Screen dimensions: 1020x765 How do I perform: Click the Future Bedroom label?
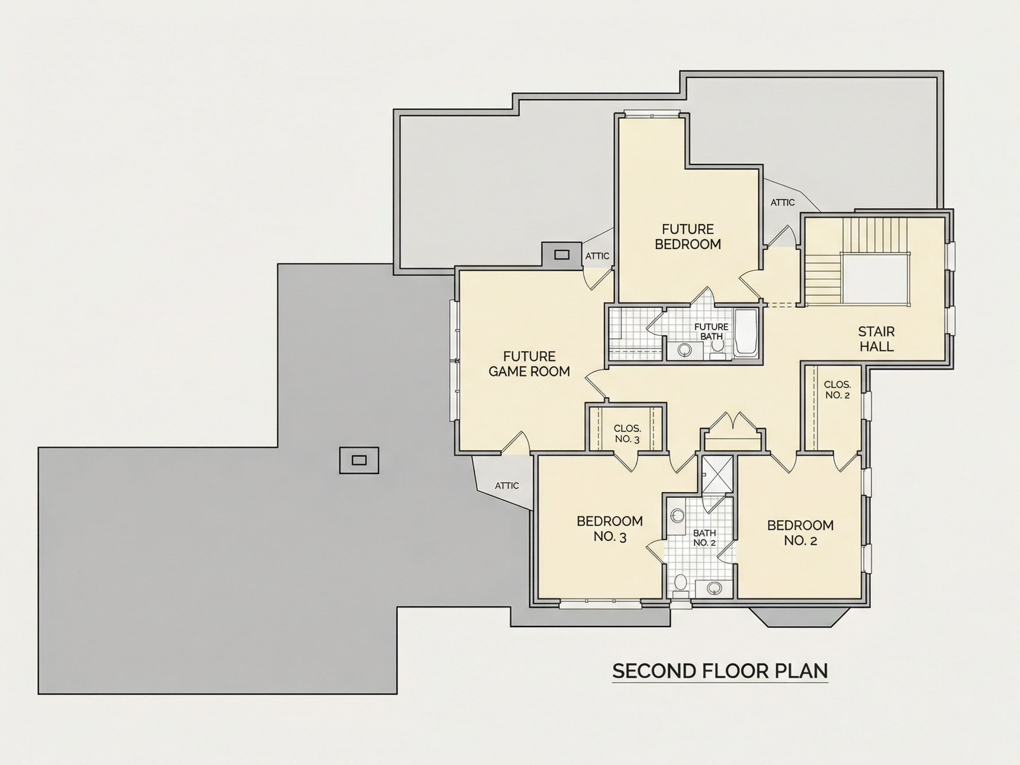[688, 236]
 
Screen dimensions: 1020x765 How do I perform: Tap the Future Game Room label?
[529, 364]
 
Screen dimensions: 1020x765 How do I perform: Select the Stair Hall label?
[876, 339]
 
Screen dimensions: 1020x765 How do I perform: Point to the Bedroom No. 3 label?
[610, 529]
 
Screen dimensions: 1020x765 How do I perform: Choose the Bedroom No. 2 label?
[800, 533]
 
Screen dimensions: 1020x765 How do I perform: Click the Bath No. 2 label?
[704, 537]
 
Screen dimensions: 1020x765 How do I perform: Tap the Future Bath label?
[711, 332]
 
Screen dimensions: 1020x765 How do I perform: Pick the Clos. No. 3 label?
[627, 434]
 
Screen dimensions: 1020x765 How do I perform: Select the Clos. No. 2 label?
[838, 390]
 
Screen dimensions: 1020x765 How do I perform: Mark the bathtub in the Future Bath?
[746, 333]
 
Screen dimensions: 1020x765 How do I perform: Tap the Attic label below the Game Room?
[507, 486]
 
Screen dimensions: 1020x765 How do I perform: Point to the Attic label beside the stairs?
[783, 202]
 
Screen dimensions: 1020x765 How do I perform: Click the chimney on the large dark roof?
[359, 460]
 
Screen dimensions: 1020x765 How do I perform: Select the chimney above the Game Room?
[561, 254]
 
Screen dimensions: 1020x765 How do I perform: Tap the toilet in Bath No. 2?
[680, 583]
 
